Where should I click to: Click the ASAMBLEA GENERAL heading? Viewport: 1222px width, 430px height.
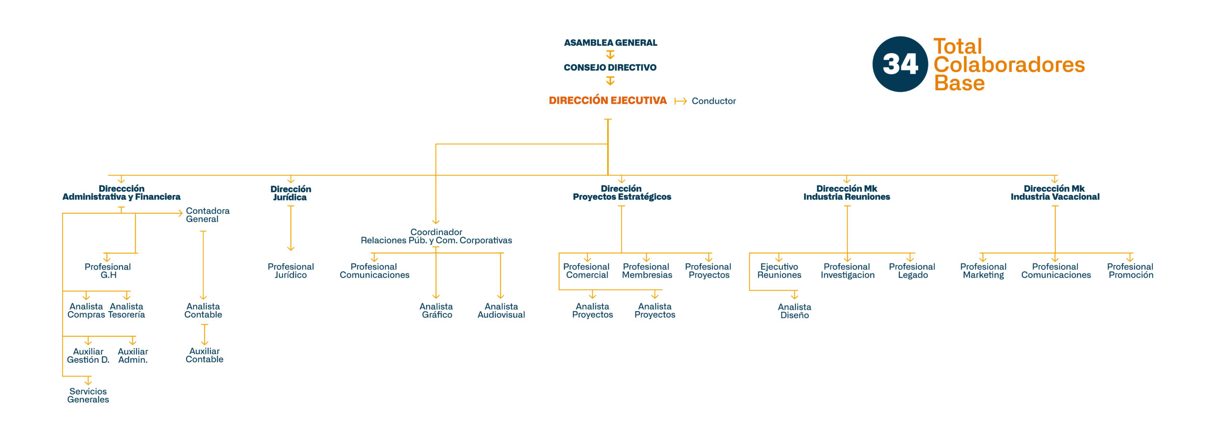coord(611,43)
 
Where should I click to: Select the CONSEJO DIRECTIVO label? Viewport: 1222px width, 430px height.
coord(610,67)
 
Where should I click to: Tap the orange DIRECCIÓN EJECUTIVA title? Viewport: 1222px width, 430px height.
coord(608,100)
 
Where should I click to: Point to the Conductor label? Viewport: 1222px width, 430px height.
coord(714,101)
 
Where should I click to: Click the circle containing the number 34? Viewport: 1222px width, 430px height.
coord(900,64)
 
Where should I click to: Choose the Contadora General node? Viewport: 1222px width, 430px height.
coord(208,215)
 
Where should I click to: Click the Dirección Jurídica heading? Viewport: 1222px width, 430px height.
coord(291,193)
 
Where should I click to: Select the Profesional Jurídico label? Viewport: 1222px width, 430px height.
coord(291,271)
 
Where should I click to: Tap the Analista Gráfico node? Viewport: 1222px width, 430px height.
coord(436,311)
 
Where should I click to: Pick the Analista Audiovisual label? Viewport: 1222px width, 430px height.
coord(501,311)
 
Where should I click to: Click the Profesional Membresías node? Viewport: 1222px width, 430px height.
coord(647,271)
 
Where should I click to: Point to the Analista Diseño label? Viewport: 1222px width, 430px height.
coord(794,311)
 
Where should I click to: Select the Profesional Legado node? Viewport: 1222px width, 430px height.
coord(912,271)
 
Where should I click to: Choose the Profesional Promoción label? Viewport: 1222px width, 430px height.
coord(1130,271)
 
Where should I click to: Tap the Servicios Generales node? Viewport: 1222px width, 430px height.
coord(88,396)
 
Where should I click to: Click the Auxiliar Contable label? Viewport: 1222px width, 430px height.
coord(204,355)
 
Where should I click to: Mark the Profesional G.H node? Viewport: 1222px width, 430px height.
coord(108,271)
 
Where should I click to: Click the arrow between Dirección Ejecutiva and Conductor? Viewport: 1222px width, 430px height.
coord(681,101)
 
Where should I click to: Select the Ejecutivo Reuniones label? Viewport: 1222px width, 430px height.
coord(779,271)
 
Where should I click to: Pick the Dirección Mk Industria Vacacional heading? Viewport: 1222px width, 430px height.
coord(1055,193)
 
